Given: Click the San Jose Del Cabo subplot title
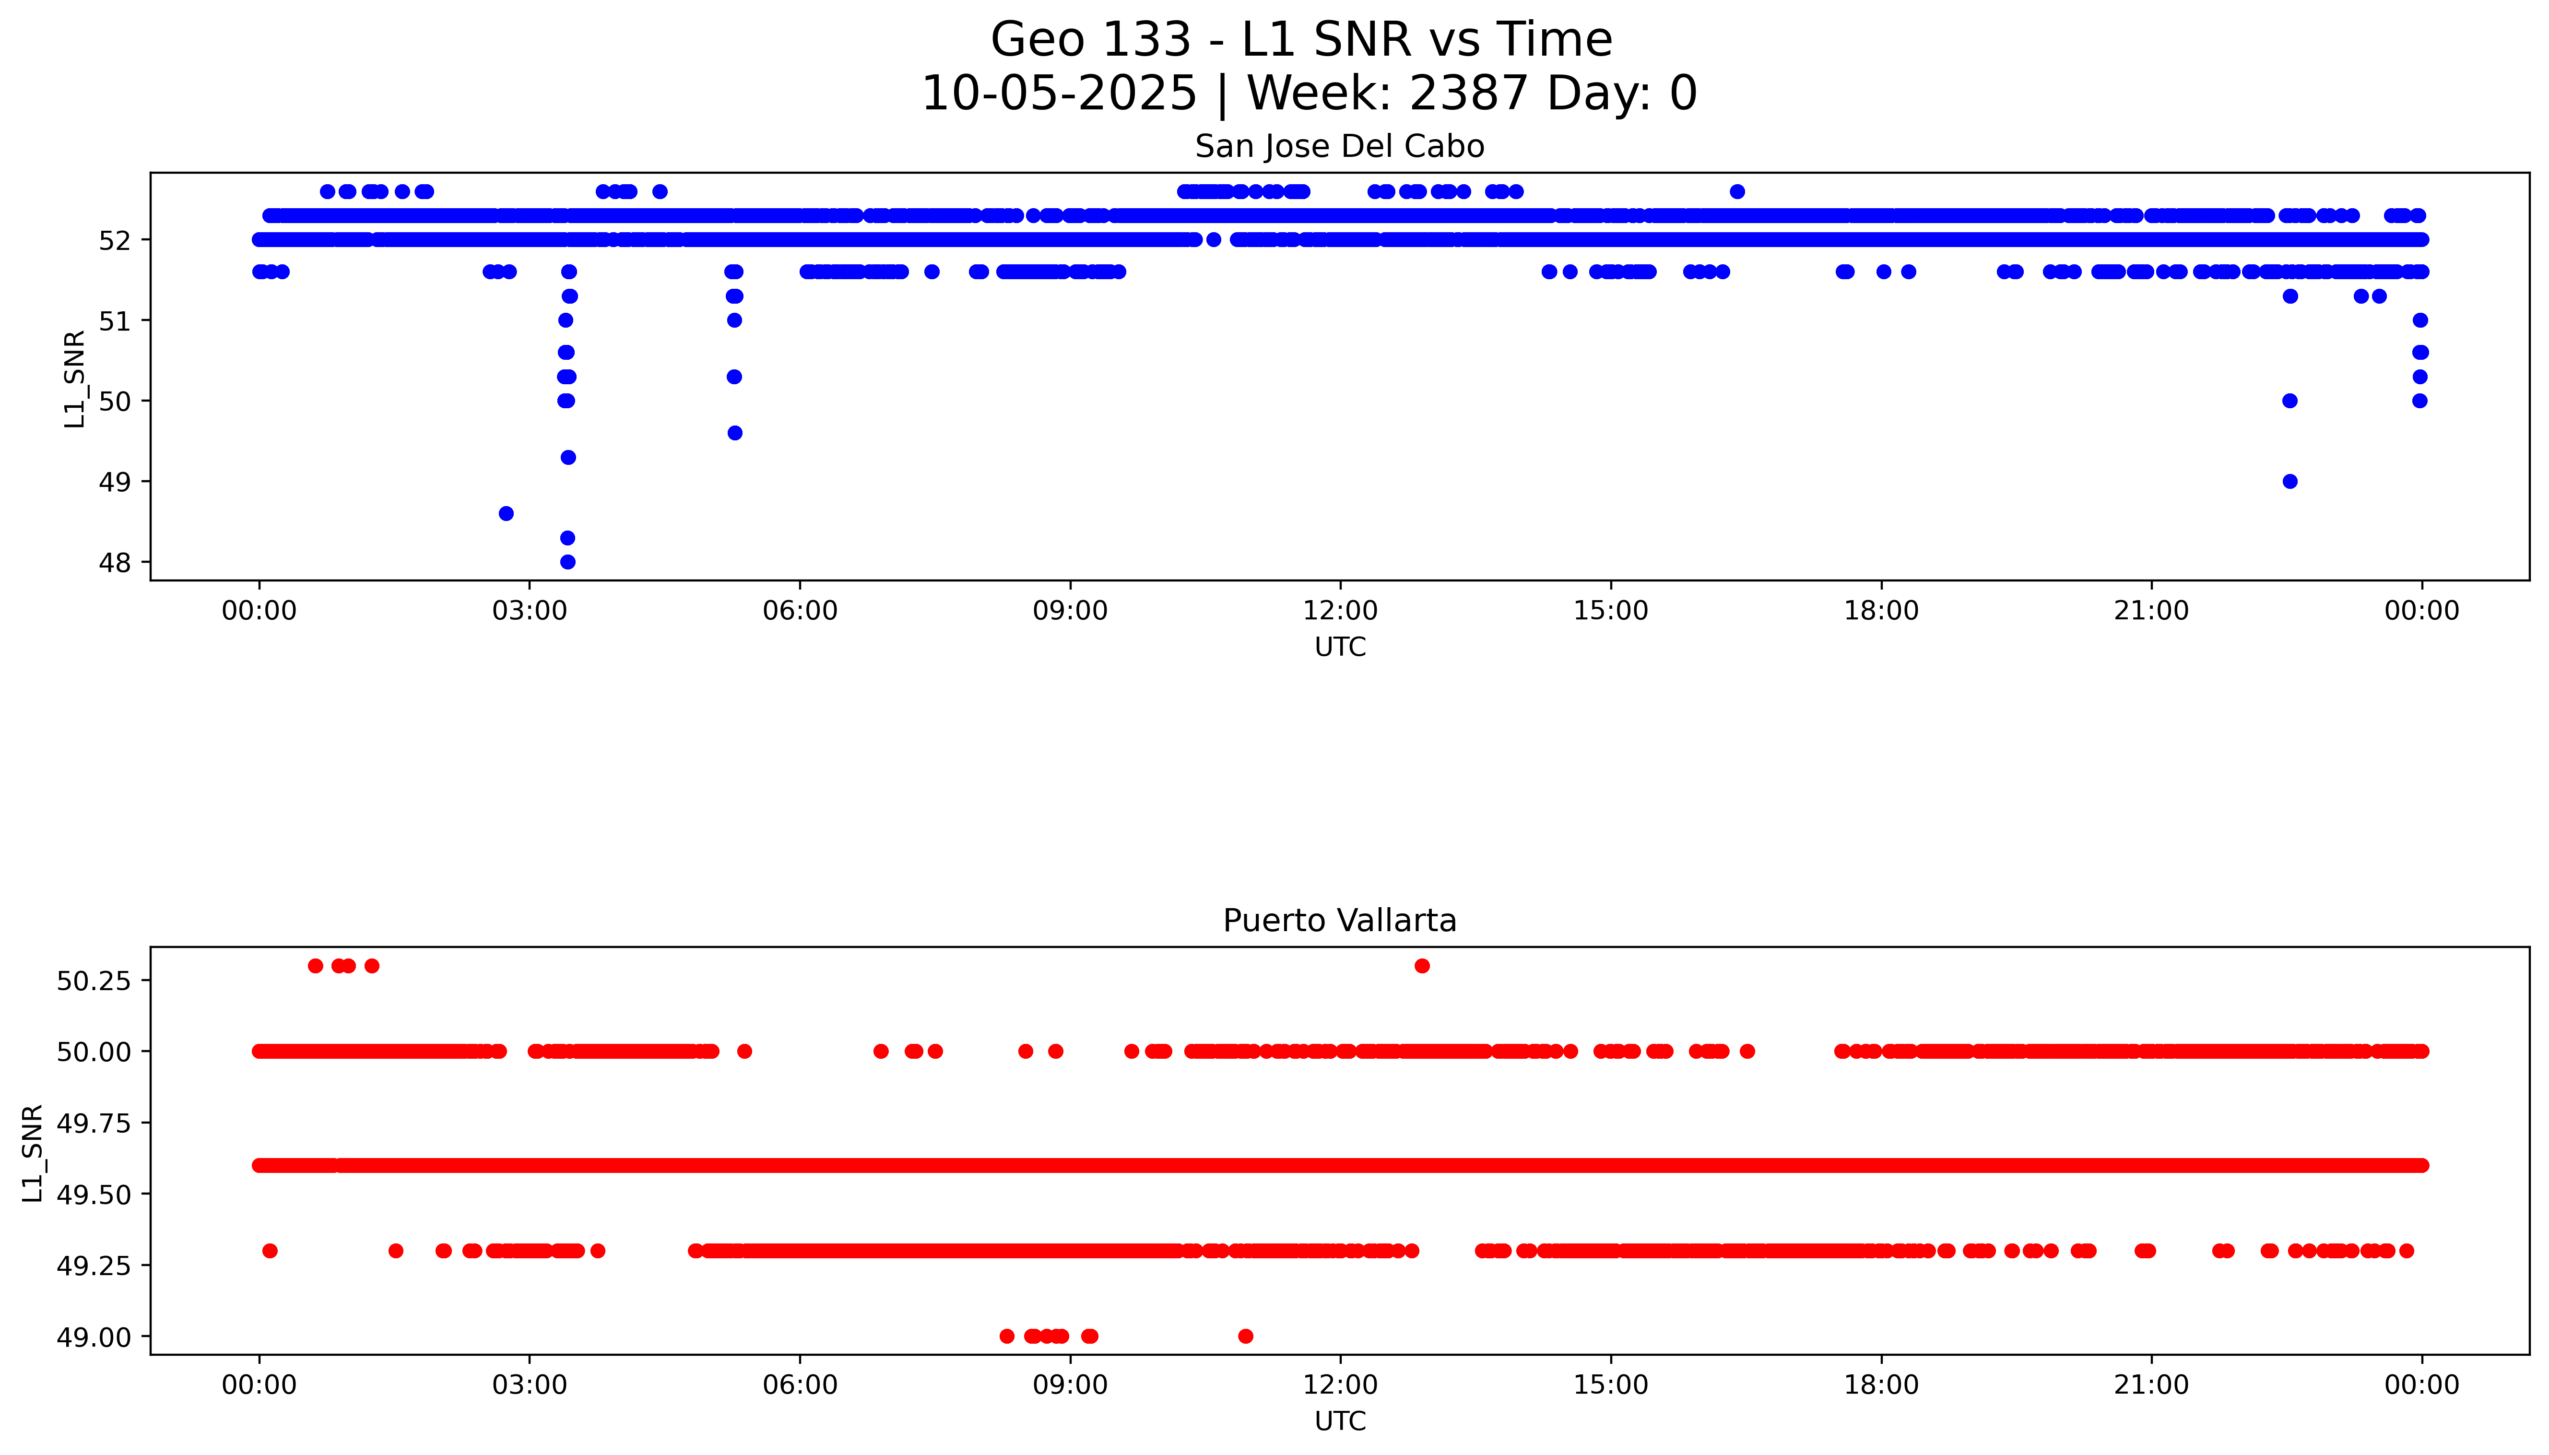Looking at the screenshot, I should pyautogui.click(x=1339, y=147).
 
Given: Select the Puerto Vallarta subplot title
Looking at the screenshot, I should pyautogui.click(x=1339, y=921).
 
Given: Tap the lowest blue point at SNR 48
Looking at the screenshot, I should pyautogui.click(x=567, y=562).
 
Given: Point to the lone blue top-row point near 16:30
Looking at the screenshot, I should pyautogui.click(x=1738, y=192).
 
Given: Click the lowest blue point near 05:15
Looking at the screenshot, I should pyautogui.click(x=734, y=433).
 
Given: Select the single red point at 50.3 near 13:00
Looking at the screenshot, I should pyautogui.click(x=1422, y=965).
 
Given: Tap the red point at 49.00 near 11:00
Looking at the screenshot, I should pyautogui.click(x=1245, y=1336).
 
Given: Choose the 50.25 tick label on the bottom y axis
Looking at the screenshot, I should pyautogui.click(x=93, y=981).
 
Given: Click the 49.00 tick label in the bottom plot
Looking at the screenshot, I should pyautogui.click(x=93, y=1337).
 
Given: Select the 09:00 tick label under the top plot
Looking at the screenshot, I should pyautogui.click(x=1070, y=611).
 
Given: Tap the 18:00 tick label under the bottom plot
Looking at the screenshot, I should pyautogui.click(x=1880, y=1385).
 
